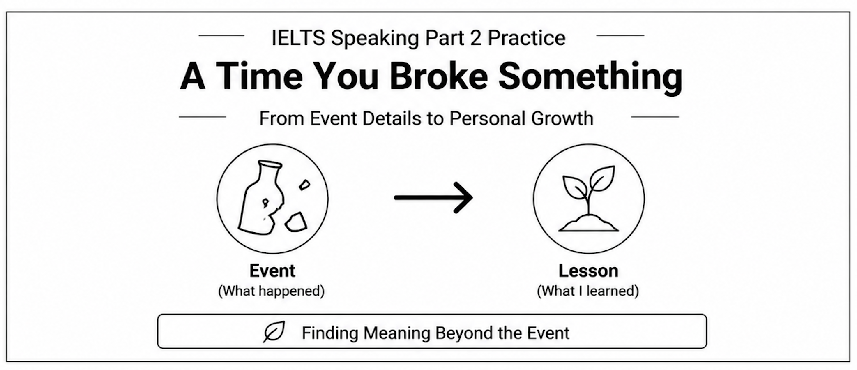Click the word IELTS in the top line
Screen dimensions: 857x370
[x=298, y=38]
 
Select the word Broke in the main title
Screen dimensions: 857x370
[x=438, y=76]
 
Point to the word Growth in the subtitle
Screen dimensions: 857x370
[x=562, y=118]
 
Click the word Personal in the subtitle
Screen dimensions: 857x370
[x=488, y=118]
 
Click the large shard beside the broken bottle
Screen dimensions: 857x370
[x=296, y=222]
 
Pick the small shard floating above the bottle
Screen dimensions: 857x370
[x=304, y=185]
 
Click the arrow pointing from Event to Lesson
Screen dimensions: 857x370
[x=433, y=198]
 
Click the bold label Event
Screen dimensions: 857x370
[x=272, y=271]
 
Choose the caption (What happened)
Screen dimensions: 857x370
[x=271, y=291]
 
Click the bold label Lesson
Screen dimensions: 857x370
[x=588, y=271]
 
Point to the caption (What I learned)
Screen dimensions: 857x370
[x=588, y=291]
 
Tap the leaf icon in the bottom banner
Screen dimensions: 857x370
[x=274, y=332]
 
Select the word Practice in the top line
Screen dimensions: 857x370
[x=526, y=38]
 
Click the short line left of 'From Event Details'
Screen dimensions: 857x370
[x=202, y=117]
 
